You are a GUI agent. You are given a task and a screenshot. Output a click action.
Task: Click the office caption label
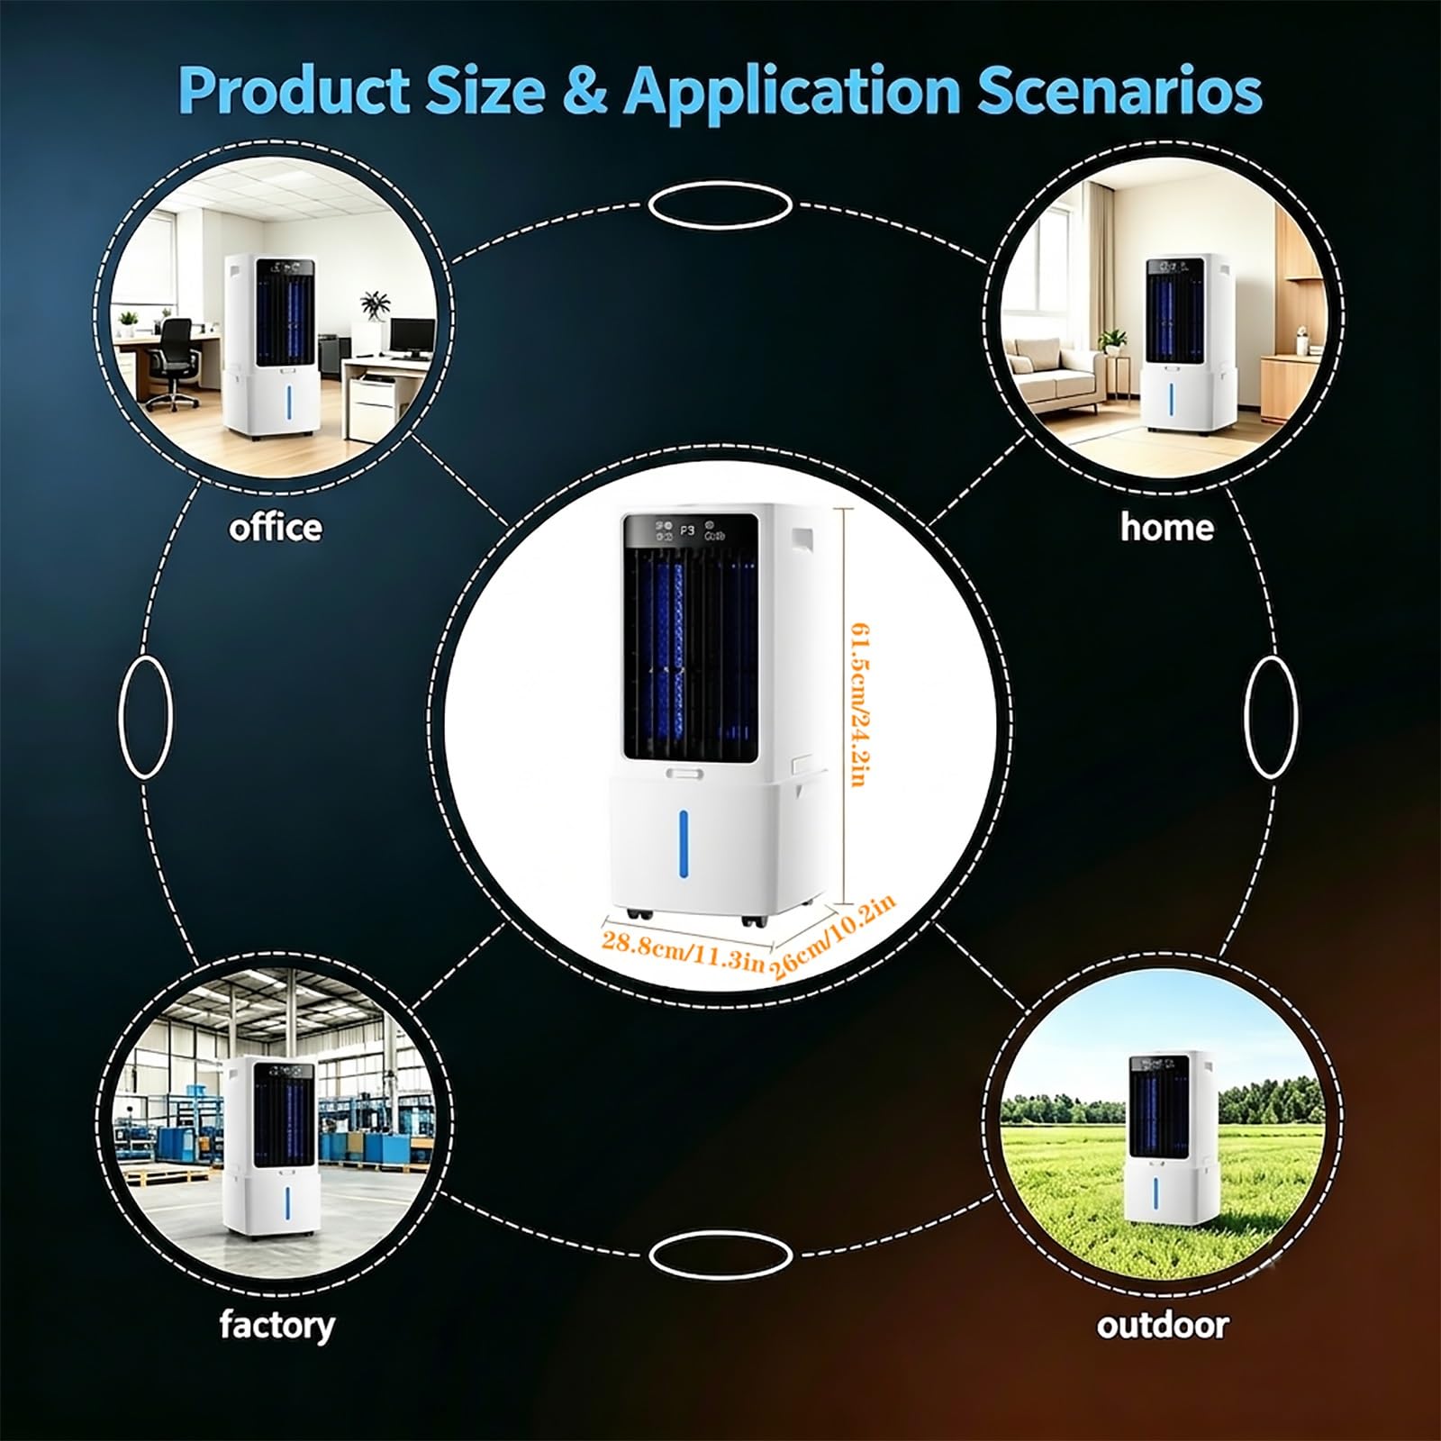275,527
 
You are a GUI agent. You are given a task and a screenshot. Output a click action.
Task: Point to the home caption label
1166,527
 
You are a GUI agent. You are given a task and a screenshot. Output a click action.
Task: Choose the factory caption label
276,1326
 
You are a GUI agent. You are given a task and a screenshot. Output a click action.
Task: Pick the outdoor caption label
1162,1325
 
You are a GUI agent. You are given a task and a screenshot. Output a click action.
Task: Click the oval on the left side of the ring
146,717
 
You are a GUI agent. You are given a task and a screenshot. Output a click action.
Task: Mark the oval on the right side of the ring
1272,717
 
